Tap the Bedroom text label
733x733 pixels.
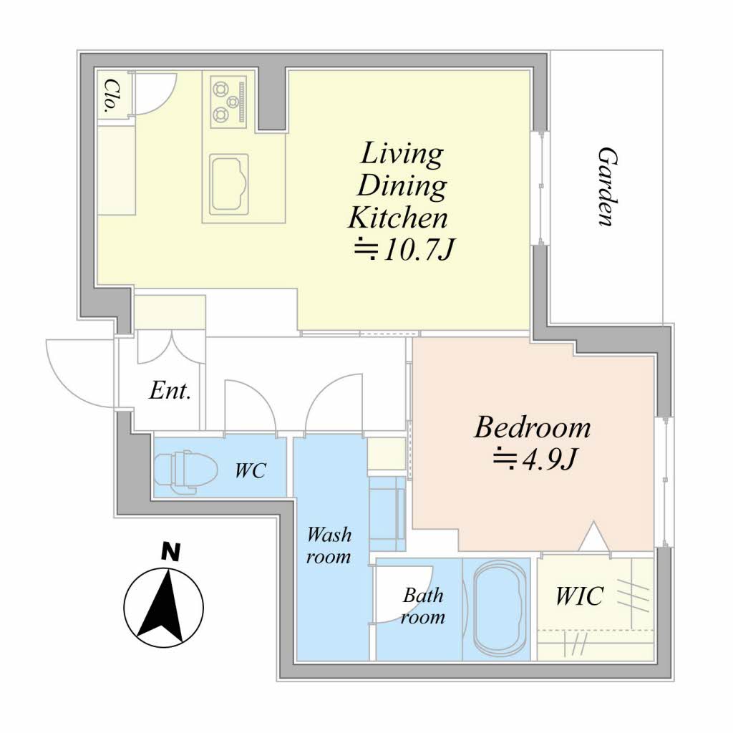(x=533, y=427)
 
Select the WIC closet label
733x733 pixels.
(x=579, y=596)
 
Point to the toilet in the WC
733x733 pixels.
(x=185, y=472)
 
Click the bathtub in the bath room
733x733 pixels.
(x=498, y=608)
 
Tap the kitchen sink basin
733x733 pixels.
(x=228, y=184)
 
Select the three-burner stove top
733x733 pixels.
(x=228, y=102)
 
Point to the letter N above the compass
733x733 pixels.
(x=170, y=552)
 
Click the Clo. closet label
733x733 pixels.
(x=110, y=96)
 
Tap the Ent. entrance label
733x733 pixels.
(x=170, y=390)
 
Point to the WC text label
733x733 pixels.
(x=251, y=470)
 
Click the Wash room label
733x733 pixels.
(x=329, y=545)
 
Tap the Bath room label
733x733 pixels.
(x=422, y=606)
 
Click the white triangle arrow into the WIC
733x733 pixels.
(x=593, y=536)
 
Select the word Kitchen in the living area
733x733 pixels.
(x=398, y=218)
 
